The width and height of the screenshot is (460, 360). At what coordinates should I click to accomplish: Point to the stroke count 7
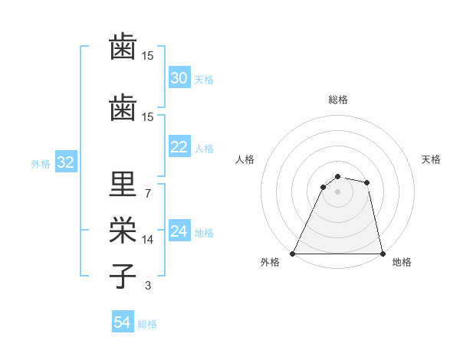147,193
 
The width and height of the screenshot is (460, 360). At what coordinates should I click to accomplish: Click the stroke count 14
149,240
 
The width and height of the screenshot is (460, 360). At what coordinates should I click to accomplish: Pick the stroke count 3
147,286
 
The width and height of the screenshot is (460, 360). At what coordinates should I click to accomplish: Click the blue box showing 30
179,78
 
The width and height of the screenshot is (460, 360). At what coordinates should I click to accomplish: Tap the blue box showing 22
179,147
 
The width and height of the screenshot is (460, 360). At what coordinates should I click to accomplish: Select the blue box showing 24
179,231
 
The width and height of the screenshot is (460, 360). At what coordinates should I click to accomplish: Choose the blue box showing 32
65,162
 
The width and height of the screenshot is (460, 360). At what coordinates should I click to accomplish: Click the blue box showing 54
123,322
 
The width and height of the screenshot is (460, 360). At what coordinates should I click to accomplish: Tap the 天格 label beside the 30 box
204,80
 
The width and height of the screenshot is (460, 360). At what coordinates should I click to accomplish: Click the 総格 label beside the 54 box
147,324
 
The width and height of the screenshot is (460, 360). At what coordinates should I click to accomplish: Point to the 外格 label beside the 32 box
41,164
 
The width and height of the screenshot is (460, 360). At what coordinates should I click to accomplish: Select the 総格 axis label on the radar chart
337,100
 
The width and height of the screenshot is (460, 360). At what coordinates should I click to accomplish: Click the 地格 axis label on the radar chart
402,262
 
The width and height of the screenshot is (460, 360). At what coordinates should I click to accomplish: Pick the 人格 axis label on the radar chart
245,159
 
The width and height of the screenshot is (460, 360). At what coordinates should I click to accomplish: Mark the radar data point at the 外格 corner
293,253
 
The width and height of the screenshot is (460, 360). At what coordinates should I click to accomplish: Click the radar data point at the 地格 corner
382,253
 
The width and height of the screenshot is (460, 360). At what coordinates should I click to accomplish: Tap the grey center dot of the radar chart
337,191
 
